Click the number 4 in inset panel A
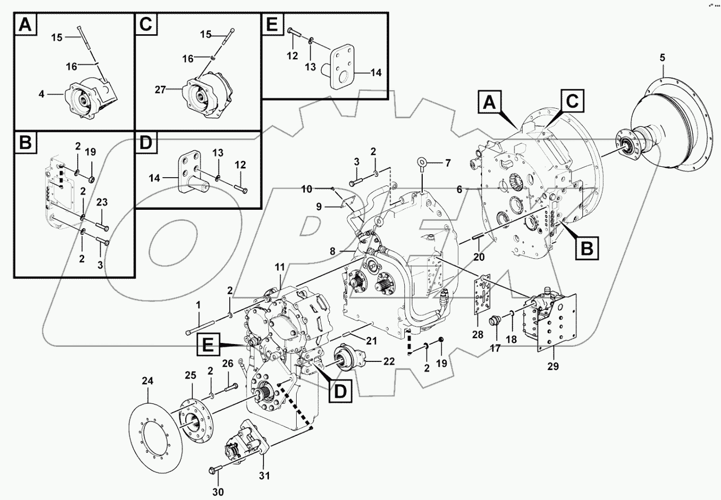click(42, 95)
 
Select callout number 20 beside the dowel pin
click(478, 257)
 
